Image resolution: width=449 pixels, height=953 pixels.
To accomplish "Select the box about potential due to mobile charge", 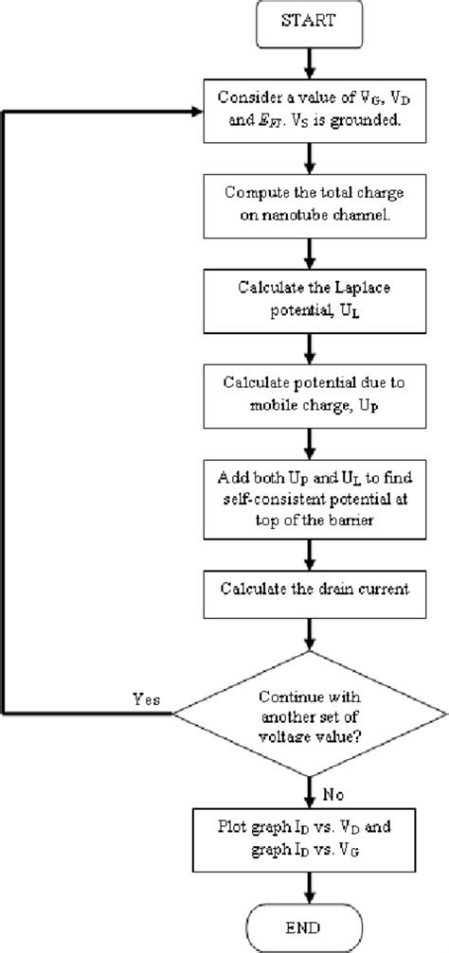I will click(x=312, y=390).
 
